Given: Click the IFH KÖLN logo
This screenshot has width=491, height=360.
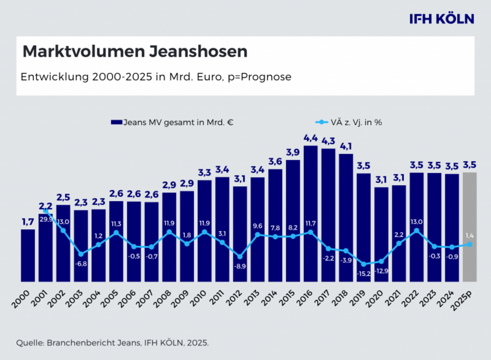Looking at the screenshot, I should point(442,19).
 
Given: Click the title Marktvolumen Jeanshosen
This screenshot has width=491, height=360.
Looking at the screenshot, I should point(135,51).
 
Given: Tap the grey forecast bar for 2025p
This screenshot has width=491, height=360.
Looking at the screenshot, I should point(470,228).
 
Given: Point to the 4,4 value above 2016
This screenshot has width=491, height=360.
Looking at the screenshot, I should point(310,138).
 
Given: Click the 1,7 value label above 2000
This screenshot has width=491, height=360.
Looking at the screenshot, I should point(27,221).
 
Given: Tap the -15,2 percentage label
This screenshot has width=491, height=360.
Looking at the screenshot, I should point(364,273).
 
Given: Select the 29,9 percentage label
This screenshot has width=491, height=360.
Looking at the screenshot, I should point(46,219).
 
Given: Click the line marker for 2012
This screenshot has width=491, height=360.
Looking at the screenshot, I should point(240,256).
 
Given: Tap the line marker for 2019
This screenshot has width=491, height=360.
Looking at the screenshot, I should point(364,264).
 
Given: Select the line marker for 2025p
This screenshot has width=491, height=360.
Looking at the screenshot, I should point(470,244).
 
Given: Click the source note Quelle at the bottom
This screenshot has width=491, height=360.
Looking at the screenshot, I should point(112,342).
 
